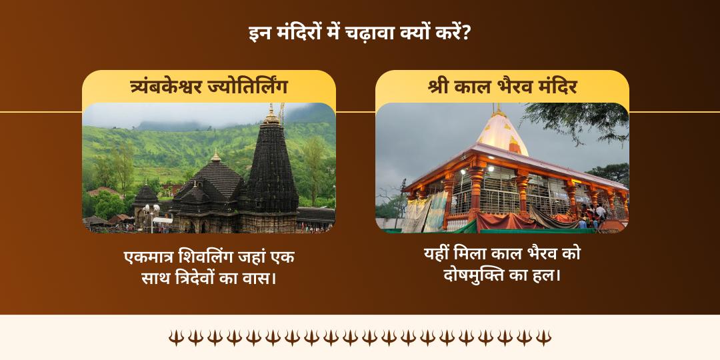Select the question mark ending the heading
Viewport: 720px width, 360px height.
pyautogui.click(x=466, y=33)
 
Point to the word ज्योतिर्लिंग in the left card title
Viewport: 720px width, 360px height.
pyautogui.click(x=255, y=87)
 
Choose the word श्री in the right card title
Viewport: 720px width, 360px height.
pyautogui.click(x=439, y=87)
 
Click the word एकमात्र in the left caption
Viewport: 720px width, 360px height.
pyautogui.click(x=149, y=257)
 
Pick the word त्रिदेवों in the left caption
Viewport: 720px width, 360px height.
pyautogui.click(x=200, y=277)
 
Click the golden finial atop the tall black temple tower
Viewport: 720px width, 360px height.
pyautogui.click(x=271, y=115)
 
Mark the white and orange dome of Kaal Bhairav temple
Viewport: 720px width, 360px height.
pyautogui.click(x=502, y=134)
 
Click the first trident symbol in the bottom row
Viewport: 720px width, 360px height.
pyautogui.click(x=175, y=337)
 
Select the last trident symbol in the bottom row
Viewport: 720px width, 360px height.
pyautogui.click(x=544, y=337)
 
